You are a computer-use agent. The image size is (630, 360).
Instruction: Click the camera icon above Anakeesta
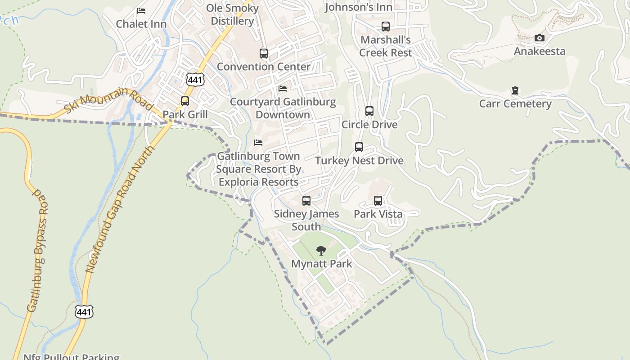[540, 38]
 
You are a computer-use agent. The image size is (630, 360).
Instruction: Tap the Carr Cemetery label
[515, 104]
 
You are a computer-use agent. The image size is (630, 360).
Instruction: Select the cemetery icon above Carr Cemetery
[515, 91]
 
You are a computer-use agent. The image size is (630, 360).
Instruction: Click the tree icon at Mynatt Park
[321, 251]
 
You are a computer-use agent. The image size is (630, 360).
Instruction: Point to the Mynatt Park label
[321, 264]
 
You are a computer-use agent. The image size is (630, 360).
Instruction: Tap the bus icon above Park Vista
[378, 201]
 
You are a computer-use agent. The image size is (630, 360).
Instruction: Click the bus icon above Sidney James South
[306, 201]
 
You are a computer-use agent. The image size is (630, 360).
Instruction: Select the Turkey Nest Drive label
[359, 161]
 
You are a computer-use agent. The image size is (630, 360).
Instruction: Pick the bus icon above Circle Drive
[369, 111]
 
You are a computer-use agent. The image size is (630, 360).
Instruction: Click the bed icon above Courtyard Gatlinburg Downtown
[283, 89]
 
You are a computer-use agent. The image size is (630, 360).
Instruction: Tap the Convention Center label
[264, 67]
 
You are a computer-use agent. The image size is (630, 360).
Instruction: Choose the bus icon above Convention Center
[264, 54]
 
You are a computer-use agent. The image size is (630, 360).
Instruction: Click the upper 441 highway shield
[195, 80]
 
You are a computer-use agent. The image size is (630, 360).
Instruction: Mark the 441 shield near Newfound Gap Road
[84, 311]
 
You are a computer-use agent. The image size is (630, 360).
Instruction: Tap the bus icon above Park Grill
[185, 101]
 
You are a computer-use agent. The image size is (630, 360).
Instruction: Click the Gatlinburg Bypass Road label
[38, 252]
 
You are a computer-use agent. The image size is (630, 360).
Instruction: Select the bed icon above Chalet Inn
[141, 11]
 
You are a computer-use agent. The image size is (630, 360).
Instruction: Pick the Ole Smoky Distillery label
[232, 14]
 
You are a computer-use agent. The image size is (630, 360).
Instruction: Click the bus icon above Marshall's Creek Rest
[386, 27]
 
